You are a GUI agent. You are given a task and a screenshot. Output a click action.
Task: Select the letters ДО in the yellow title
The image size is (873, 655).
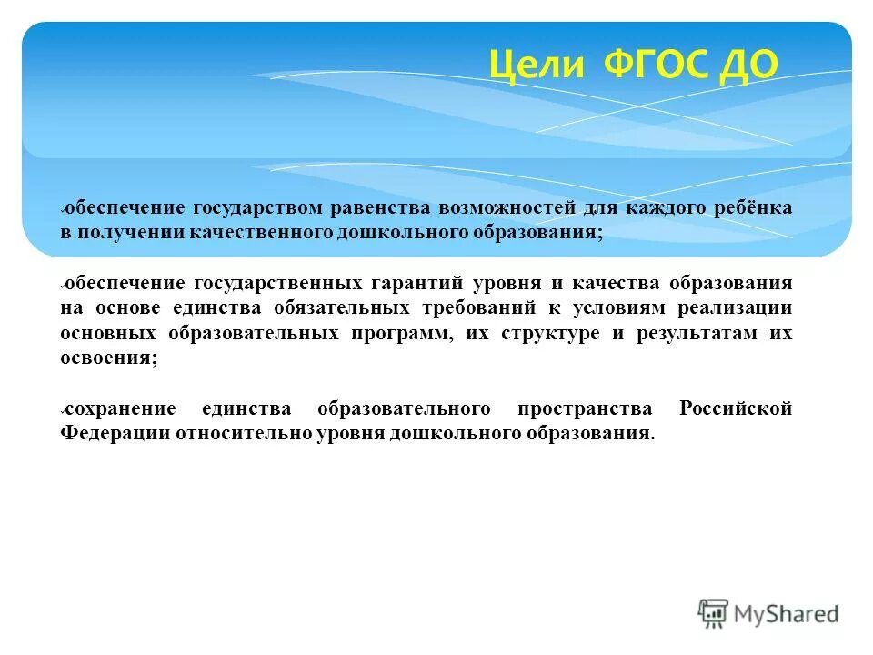(x=748, y=65)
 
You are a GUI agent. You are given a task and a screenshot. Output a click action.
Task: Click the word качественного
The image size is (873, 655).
(x=261, y=233)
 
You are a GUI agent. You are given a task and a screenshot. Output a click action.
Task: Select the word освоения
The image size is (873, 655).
(x=108, y=358)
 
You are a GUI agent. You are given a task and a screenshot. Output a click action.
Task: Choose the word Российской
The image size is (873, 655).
(x=736, y=408)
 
